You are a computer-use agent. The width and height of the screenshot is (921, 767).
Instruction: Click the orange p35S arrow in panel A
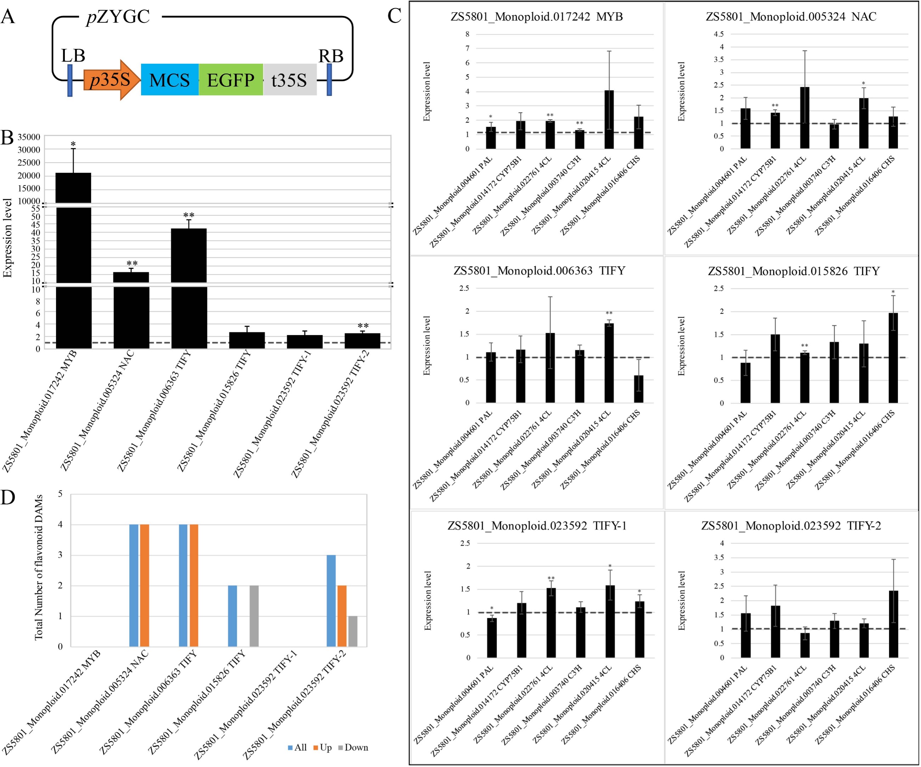click(x=112, y=80)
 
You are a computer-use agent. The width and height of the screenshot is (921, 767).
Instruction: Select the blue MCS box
click(x=170, y=79)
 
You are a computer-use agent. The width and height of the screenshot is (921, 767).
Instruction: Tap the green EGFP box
click(x=231, y=79)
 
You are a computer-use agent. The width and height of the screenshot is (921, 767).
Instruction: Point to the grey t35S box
click(x=289, y=79)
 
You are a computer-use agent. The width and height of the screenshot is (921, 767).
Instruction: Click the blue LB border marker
click(x=70, y=80)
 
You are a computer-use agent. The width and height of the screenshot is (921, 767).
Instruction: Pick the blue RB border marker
click(x=329, y=79)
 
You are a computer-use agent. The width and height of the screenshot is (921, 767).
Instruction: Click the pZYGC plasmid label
click(x=118, y=17)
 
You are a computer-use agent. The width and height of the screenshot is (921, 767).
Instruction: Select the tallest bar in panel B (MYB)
click(x=74, y=261)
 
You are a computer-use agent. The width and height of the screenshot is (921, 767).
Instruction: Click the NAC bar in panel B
click(x=131, y=310)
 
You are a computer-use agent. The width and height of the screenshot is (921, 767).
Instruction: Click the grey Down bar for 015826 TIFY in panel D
click(x=254, y=616)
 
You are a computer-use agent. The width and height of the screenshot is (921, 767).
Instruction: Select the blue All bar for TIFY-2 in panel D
click(x=331, y=601)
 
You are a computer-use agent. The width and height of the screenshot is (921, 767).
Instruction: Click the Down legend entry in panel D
click(x=353, y=747)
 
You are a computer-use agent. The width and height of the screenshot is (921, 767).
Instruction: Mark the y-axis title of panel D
click(x=39, y=567)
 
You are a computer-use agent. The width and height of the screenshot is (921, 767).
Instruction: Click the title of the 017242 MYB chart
click(x=537, y=17)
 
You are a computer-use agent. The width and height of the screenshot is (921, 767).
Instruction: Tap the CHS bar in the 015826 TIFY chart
click(x=893, y=358)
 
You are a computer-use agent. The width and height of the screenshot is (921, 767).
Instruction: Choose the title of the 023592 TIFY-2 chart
click(x=791, y=525)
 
